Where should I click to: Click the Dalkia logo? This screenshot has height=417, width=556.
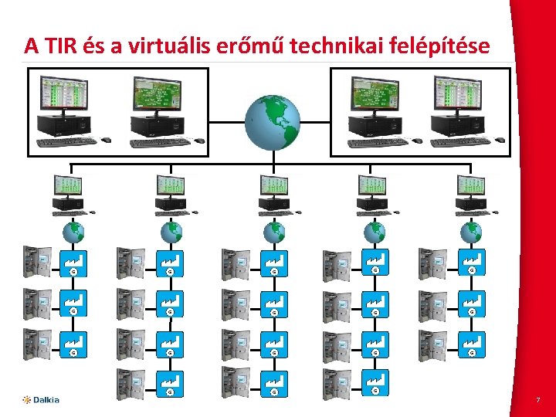pyautogui.click(x=41, y=399)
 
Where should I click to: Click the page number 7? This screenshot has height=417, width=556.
pyautogui.click(x=537, y=400)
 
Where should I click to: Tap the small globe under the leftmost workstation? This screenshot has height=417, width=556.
pyautogui.click(x=74, y=231)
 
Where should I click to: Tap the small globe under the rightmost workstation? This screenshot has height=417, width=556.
pyautogui.click(x=470, y=231)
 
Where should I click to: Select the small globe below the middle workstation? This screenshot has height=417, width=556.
pyautogui.click(x=273, y=231)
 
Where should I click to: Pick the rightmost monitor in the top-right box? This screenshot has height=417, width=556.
pyautogui.click(x=456, y=94)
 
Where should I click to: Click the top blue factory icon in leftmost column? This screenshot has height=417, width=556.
pyautogui.click(x=74, y=263)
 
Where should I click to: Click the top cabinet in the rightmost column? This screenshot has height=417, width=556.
pyautogui.click(x=432, y=263)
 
